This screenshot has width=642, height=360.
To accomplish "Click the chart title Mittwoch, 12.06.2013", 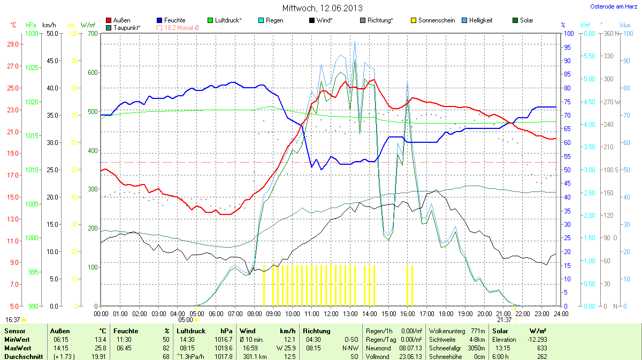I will [x=322, y=8].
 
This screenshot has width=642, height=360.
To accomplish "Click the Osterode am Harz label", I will [x=613, y=6].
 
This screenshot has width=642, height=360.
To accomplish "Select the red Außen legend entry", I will [x=118, y=20].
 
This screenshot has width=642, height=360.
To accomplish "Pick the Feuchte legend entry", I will [x=171, y=20].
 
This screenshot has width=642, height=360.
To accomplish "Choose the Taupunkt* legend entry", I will [x=123, y=27].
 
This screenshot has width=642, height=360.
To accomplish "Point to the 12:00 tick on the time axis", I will [x=331, y=313].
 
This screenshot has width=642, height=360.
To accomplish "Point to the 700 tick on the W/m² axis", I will [x=93, y=34].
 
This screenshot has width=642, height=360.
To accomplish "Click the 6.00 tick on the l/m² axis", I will [x=588, y=34].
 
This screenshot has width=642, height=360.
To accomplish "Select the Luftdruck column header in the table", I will [x=191, y=331].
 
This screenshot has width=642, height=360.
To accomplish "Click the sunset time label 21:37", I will [x=505, y=319].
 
